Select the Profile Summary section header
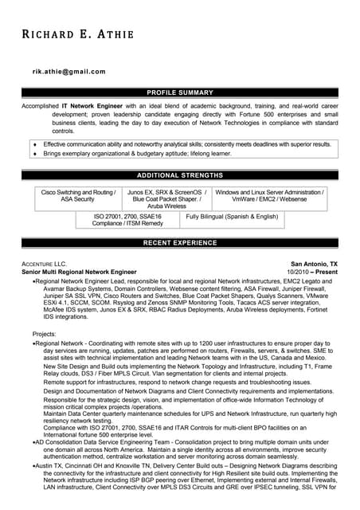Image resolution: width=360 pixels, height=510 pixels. [180, 93]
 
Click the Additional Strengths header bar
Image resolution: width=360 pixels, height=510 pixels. [180, 175]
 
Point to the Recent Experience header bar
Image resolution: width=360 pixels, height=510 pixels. [180, 242]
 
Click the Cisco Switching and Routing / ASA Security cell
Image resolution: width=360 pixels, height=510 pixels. [78, 196]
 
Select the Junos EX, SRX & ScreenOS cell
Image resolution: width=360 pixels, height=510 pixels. [166, 199]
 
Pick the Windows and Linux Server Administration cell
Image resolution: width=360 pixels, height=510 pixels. [270, 196]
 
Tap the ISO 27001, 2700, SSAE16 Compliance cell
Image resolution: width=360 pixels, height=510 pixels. [127, 220]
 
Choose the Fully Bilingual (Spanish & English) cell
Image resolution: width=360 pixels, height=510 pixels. [232, 217]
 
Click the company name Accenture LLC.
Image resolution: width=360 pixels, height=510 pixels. [45, 264]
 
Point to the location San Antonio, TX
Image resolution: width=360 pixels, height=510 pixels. [314, 264]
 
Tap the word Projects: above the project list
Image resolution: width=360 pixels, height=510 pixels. [44, 333]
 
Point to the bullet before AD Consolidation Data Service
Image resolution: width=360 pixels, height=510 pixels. [33, 441]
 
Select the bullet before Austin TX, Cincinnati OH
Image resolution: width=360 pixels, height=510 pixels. [33, 464]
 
